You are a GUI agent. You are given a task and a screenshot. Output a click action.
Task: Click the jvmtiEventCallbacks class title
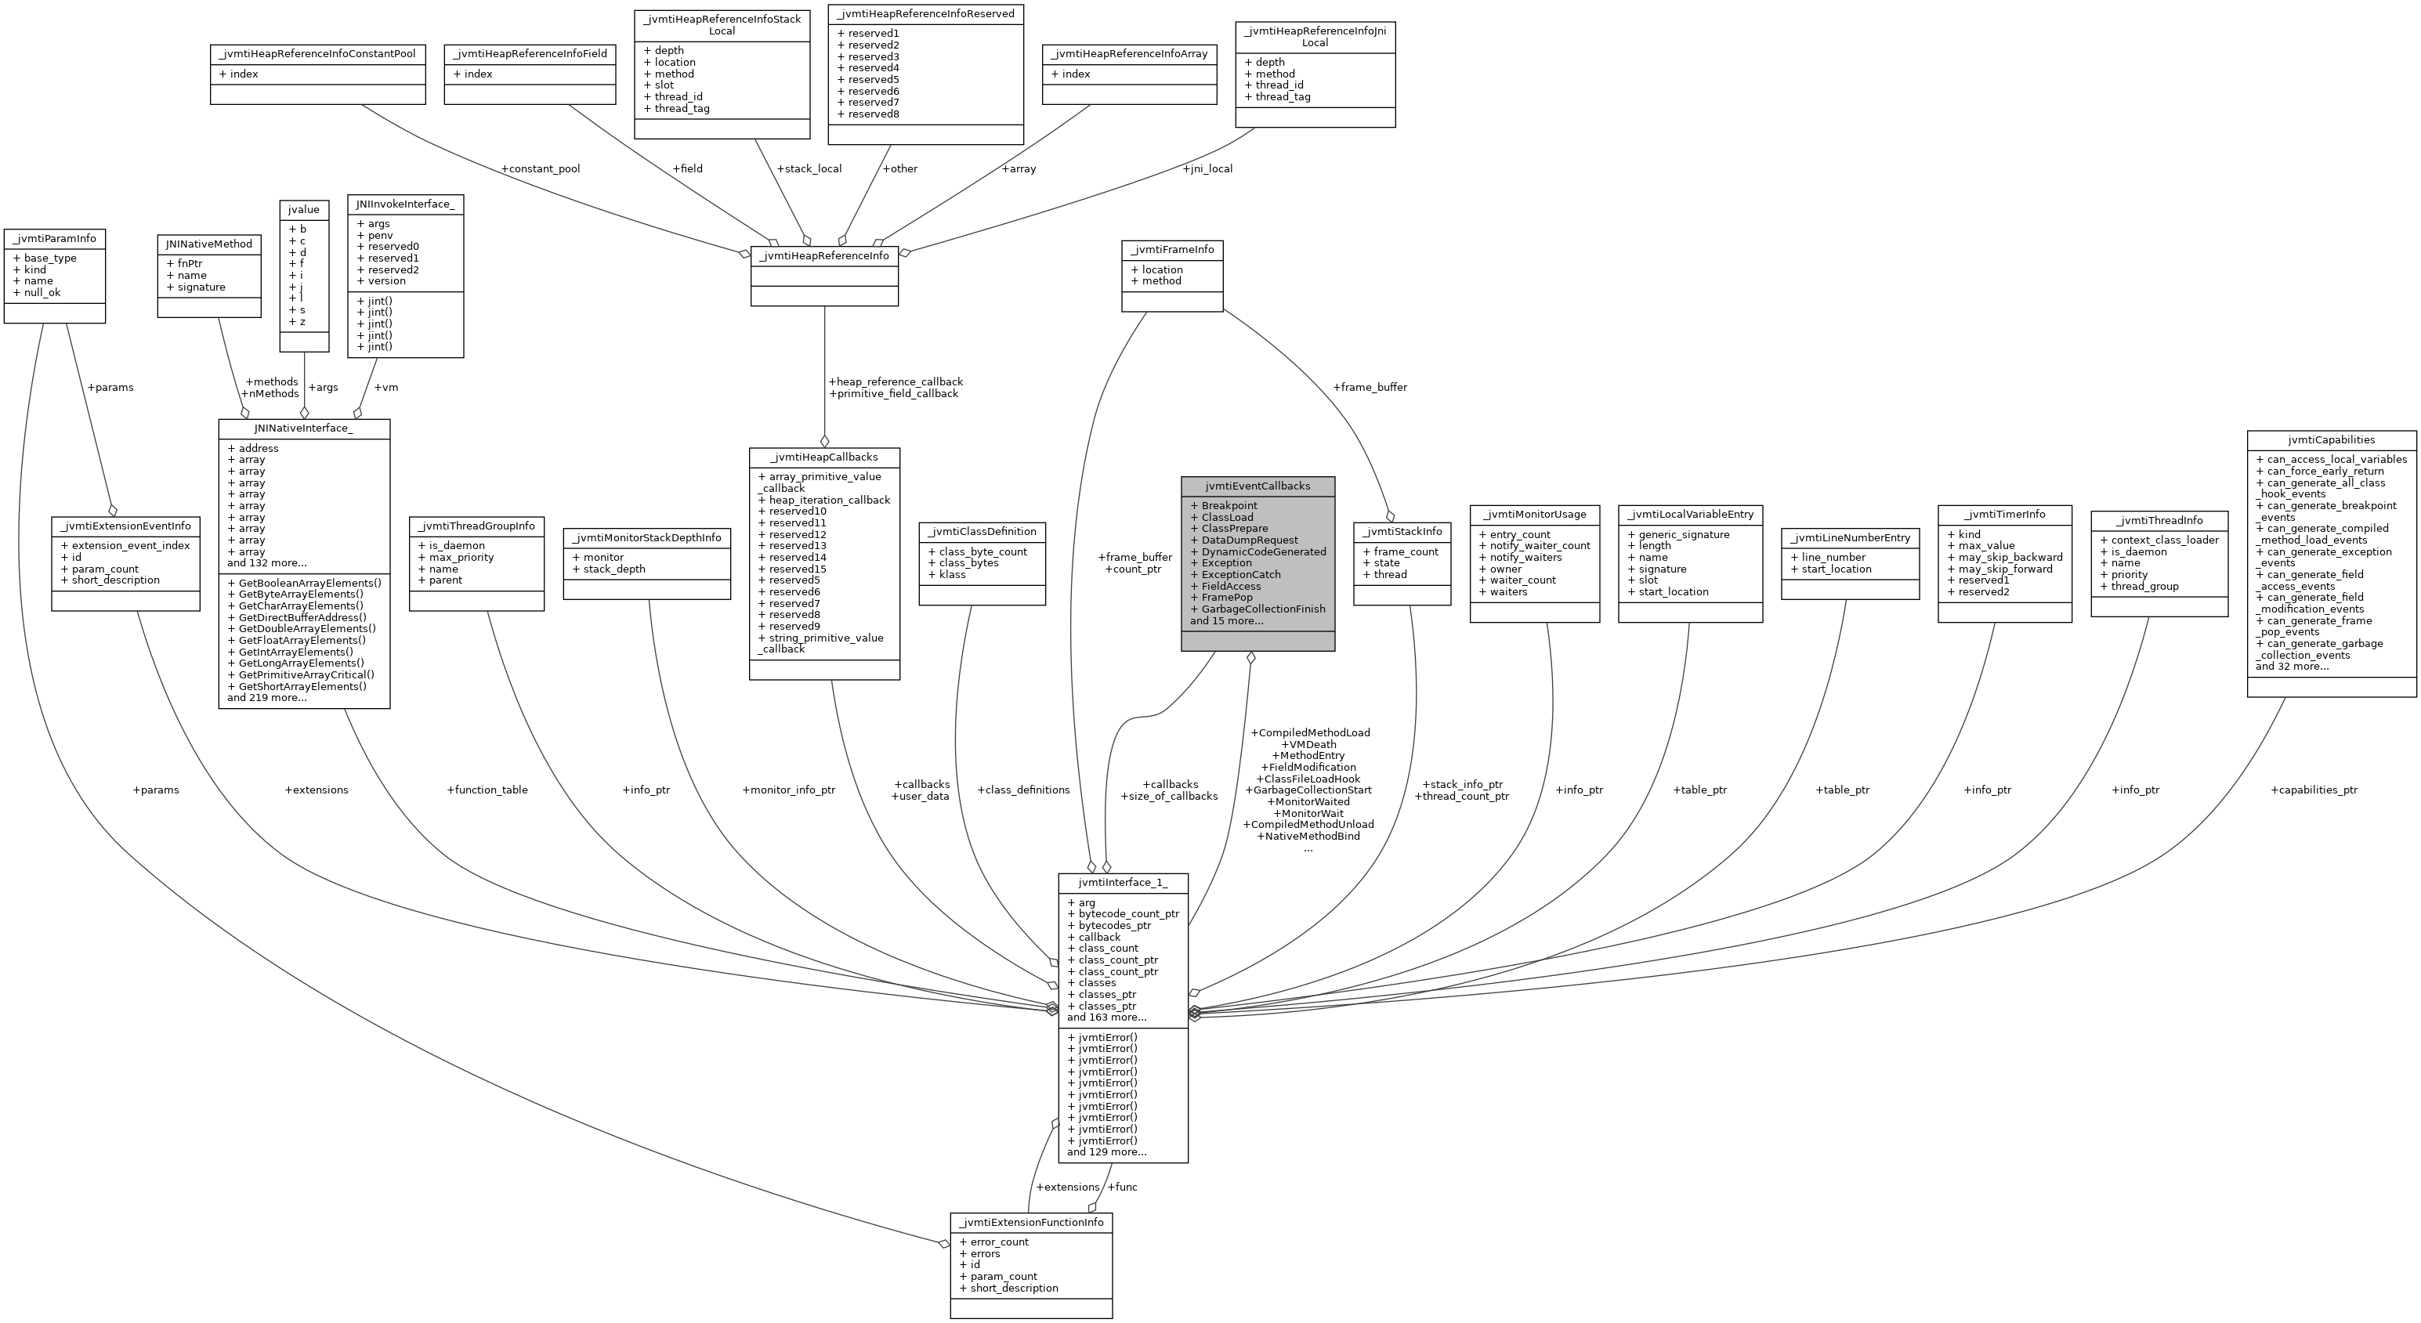(x=1258, y=486)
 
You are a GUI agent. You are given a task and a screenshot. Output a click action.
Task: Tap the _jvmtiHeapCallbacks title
(x=823, y=457)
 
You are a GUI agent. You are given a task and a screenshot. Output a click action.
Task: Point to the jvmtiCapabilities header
(x=2331, y=439)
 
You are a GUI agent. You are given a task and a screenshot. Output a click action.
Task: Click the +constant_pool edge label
(x=541, y=169)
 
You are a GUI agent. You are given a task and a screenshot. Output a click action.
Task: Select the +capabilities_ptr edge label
(x=2314, y=790)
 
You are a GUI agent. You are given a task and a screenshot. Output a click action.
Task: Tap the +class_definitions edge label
(x=1023, y=790)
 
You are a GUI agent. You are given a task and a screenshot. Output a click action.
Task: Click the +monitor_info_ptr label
(x=787, y=790)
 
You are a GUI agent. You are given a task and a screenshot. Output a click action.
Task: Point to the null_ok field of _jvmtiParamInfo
(x=42, y=292)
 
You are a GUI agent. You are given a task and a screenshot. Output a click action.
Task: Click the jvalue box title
(x=303, y=210)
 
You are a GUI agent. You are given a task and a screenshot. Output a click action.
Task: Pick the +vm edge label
(x=386, y=387)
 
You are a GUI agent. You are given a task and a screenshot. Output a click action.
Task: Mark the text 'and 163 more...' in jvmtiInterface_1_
(x=1107, y=1017)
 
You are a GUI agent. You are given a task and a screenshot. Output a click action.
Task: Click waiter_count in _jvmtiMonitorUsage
(x=1522, y=580)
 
